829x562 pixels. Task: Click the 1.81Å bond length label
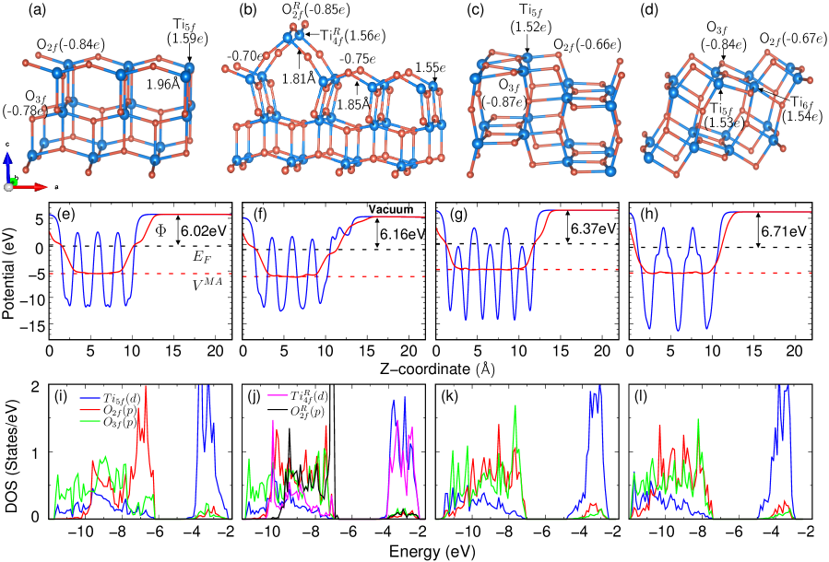[299, 78]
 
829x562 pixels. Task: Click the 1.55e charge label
[430, 67]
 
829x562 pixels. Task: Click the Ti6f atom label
[801, 101]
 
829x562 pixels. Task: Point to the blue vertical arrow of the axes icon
[8, 166]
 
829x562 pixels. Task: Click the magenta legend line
[278, 395]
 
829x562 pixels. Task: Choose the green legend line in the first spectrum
[89, 421]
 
